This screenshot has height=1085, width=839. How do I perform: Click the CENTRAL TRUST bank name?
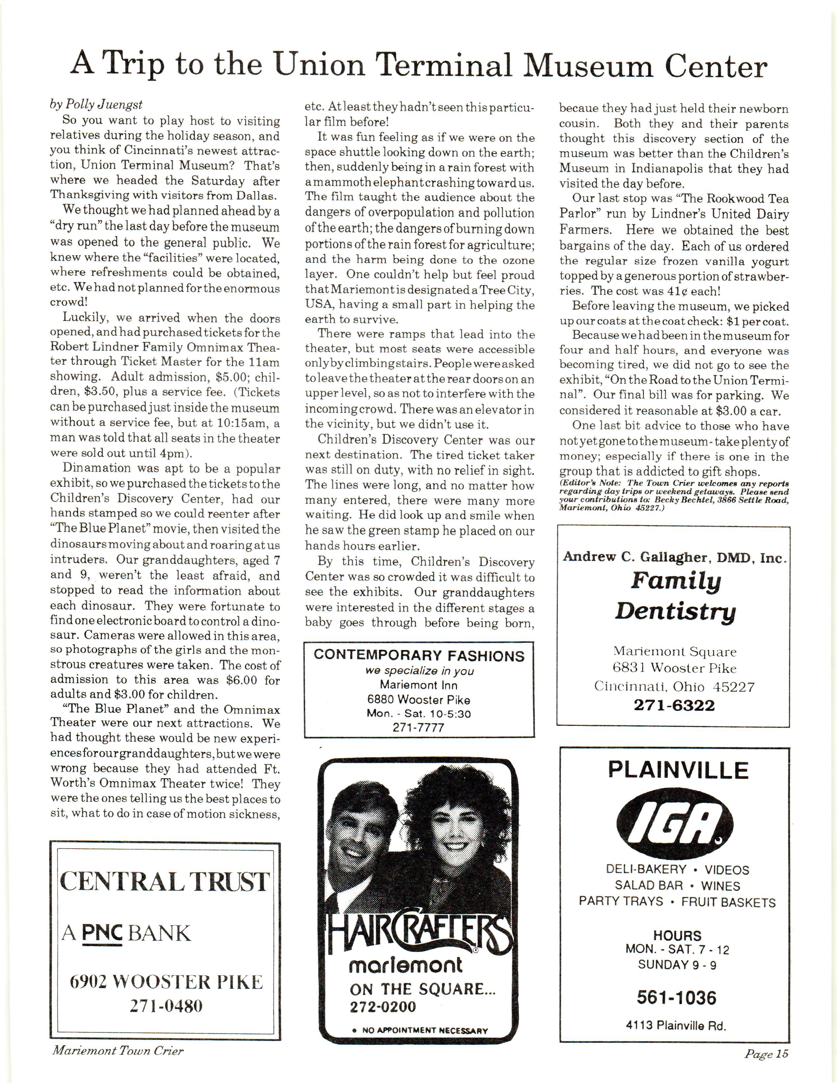click(165, 881)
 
